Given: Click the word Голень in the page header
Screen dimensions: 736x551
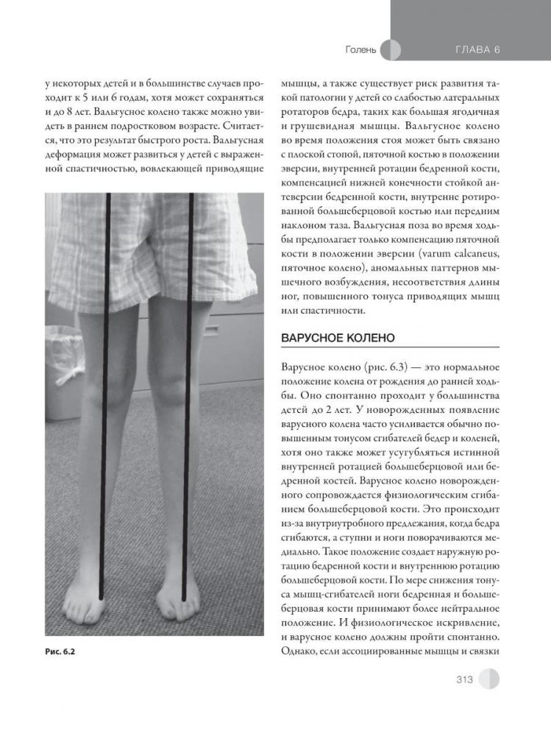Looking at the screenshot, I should (x=360, y=50).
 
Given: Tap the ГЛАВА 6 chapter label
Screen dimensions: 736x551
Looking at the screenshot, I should (x=477, y=50).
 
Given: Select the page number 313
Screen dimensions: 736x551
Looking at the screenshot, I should (x=463, y=679).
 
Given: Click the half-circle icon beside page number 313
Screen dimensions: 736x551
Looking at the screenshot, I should (x=488, y=679).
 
